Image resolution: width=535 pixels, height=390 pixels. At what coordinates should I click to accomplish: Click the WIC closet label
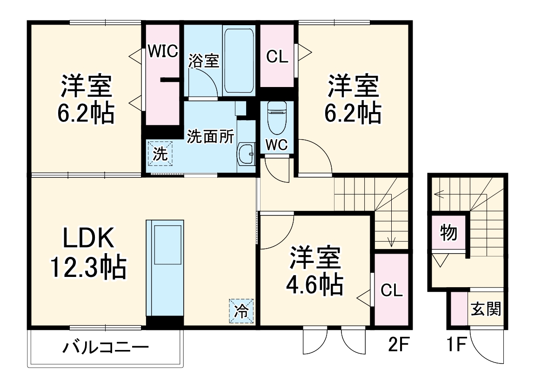163,51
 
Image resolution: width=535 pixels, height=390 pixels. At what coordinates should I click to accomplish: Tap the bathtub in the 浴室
239,61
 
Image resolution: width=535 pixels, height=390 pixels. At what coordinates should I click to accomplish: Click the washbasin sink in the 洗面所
246,152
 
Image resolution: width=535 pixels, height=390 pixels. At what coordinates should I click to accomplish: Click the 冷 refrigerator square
241,310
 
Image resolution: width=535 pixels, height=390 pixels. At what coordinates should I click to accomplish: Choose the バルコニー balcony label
106,347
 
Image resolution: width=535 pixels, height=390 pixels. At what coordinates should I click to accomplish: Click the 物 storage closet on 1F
448,233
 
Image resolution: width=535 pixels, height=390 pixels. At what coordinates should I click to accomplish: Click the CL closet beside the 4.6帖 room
391,290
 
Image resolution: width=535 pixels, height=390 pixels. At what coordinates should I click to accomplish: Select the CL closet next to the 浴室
277,56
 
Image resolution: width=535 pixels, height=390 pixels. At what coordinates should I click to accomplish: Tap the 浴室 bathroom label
203,61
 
